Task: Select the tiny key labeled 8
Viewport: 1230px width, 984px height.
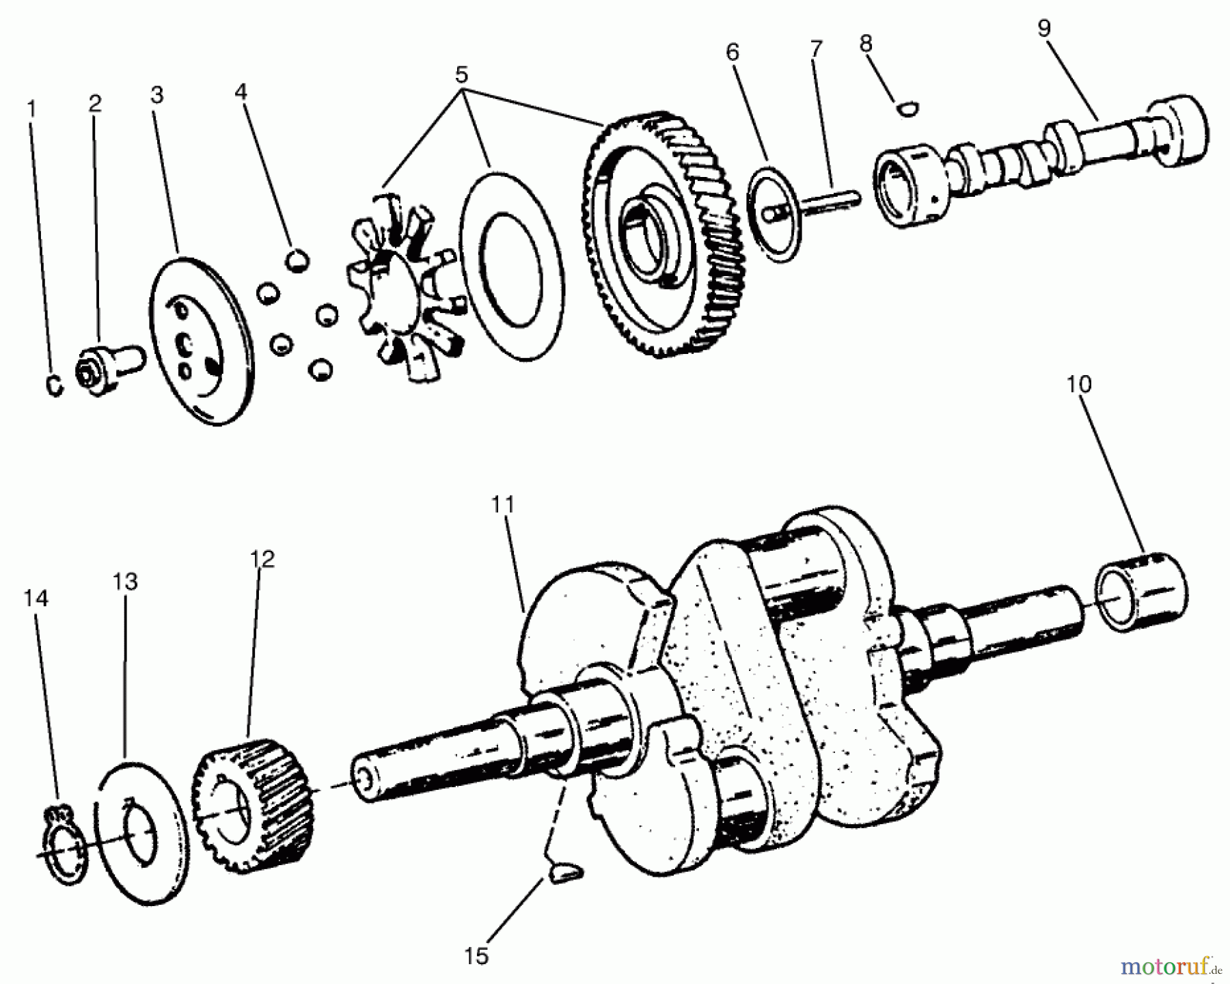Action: tap(908, 107)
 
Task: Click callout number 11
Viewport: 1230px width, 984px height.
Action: tap(502, 505)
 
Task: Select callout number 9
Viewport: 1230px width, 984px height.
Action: tap(1043, 29)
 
